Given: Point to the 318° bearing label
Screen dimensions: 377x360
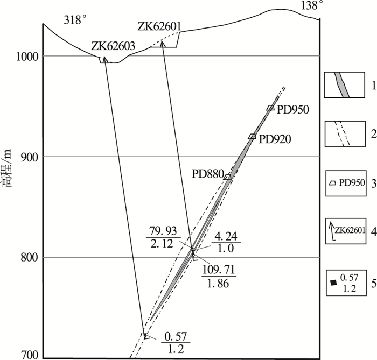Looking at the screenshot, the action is tap(75, 20).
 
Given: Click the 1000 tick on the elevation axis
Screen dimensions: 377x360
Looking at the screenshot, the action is tap(29, 57).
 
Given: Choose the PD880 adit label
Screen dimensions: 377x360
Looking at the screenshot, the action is tap(208, 174).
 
